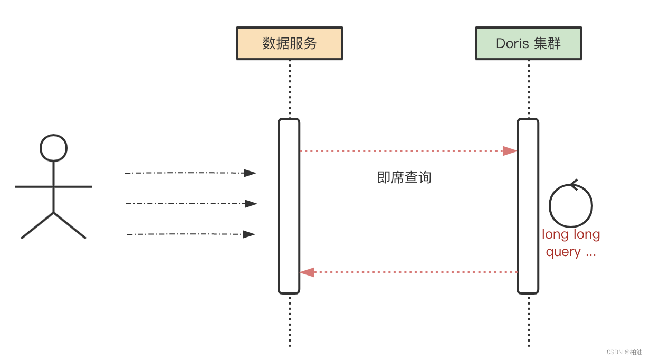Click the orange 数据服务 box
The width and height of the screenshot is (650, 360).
[x=289, y=43]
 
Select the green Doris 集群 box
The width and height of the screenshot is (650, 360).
[x=528, y=43]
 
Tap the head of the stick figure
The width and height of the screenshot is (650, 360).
[x=54, y=148]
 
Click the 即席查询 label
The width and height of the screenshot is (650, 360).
[x=404, y=177]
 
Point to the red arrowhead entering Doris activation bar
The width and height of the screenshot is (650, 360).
[x=510, y=151]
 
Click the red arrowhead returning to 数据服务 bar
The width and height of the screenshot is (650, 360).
[x=307, y=272]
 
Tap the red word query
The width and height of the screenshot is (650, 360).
[x=563, y=252]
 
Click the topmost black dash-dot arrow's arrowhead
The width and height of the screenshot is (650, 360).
[x=250, y=173]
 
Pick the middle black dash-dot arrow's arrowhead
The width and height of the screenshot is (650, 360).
[x=251, y=204]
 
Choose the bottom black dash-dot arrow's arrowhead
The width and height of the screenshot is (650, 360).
[x=248, y=234]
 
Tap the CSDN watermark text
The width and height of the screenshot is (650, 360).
[x=624, y=352]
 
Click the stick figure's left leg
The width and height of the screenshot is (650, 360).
[x=37, y=226]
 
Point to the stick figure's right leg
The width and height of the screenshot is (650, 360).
[x=70, y=226]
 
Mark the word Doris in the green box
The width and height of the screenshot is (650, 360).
[x=512, y=43]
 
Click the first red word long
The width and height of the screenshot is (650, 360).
[x=554, y=234]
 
